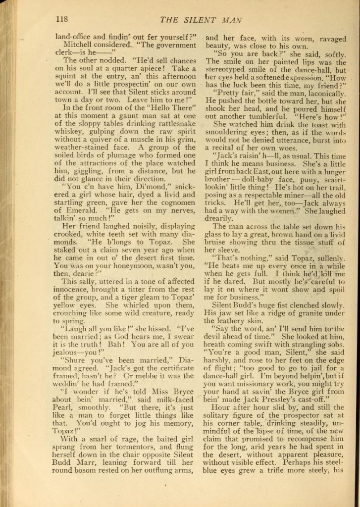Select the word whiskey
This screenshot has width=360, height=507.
click(69, 132)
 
